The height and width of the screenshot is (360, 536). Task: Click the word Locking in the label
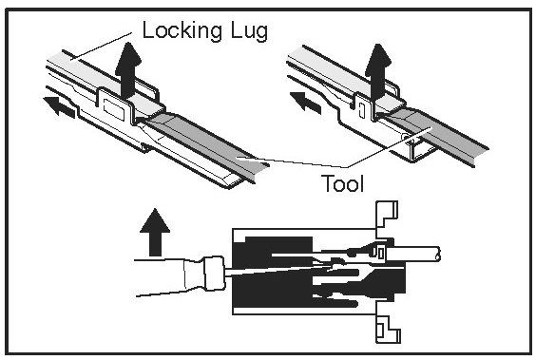pos(182,31)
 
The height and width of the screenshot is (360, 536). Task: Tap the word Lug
pos(249,31)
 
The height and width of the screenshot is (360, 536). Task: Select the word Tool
pos(342,183)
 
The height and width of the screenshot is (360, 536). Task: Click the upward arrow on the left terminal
pos(128,70)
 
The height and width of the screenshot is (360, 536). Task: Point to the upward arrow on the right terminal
pos(377,72)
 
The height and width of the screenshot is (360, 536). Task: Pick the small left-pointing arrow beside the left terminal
pos(59,107)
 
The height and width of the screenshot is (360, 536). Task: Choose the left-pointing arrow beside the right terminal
pos(305,103)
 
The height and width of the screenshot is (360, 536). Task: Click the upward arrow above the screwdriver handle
pos(155,233)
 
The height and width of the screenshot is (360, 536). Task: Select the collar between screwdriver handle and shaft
pos(214,274)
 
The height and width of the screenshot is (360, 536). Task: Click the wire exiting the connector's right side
pos(413,255)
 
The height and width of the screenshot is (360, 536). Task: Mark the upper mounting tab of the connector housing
pos(386,218)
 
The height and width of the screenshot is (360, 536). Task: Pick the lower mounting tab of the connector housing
pos(388,325)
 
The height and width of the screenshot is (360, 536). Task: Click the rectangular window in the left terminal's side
pos(113,108)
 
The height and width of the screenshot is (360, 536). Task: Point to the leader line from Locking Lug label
pos(101,47)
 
